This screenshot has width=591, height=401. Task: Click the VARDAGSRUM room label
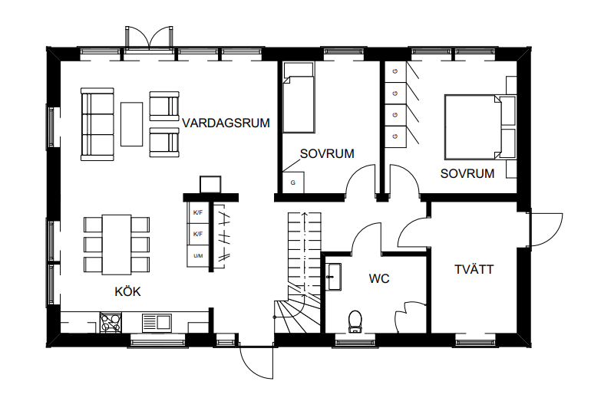coord(226,123)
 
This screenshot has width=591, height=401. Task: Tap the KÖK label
coord(127,291)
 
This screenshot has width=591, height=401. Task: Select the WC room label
coord(379,278)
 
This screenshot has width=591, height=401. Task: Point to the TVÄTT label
coord(474,270)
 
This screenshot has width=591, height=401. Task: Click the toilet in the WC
coord(355,321)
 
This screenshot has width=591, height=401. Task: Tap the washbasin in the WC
coord(334,277)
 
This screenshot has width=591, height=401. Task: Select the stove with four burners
coord(111,323)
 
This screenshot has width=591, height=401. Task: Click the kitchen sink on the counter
coord(157,323)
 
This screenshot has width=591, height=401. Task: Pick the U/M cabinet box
coord(198,256)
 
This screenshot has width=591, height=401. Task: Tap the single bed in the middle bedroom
coord(299,98)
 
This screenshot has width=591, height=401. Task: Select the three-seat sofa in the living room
coord(97,125)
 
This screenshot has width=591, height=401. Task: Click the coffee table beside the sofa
coord(131,124)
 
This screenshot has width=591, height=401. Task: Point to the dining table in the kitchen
coord(117,245)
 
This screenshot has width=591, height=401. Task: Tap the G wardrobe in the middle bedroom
coord(293,182)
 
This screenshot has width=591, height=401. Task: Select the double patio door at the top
coord(150,38)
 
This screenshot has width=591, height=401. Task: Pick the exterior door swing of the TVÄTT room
coord(545,229)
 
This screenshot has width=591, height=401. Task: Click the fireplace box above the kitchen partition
coord(210,185)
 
